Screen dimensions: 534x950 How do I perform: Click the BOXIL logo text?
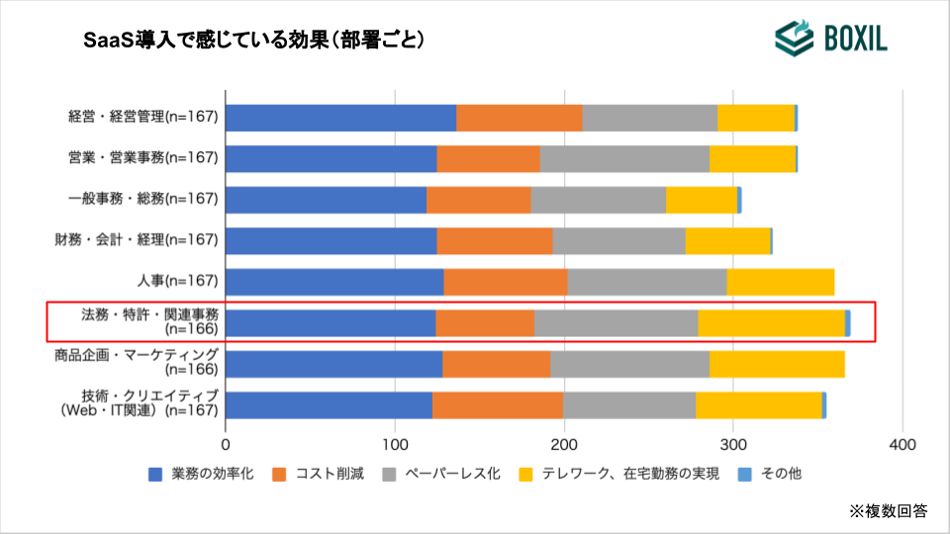tap(856, 39)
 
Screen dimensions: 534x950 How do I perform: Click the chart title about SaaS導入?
tap(254, 40)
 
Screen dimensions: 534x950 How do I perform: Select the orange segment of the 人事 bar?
tap(506, 282)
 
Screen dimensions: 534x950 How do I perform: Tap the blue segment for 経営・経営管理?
tap(341, 118)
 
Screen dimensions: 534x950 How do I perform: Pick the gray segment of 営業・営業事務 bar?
tap(624, 158)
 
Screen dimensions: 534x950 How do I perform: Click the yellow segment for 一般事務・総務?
tap(702, 200)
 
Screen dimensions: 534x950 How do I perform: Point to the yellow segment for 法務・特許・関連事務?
tap(772, 322)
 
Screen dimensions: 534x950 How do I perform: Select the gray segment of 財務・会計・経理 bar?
tap(618, 240)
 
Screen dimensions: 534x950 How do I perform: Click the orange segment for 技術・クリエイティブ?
tap(498, 405)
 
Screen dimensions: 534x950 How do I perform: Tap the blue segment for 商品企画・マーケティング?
tap(334, 364)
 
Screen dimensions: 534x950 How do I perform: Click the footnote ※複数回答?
tap(888, 511)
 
